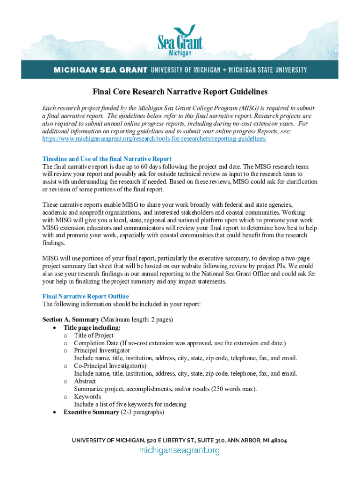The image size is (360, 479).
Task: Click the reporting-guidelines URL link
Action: (x=154, y=139)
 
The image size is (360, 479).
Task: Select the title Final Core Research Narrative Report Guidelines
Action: (x=180, y=92)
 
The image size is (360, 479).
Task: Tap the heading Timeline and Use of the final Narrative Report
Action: (x=107, y=159)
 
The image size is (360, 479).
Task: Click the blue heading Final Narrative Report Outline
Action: (x=86, y=297)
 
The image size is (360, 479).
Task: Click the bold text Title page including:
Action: (x=92, y=327)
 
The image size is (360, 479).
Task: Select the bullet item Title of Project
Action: (x=94, y=335)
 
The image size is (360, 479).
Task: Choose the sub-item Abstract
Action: (x=85, y=381)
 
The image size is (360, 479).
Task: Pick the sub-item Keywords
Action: (x=87, y=397)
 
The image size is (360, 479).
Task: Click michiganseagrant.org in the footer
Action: (x=180, y=450)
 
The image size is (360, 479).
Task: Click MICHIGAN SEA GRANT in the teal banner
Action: (x=100, y=70)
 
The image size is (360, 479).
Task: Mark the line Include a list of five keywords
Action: (x=130, y=404)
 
